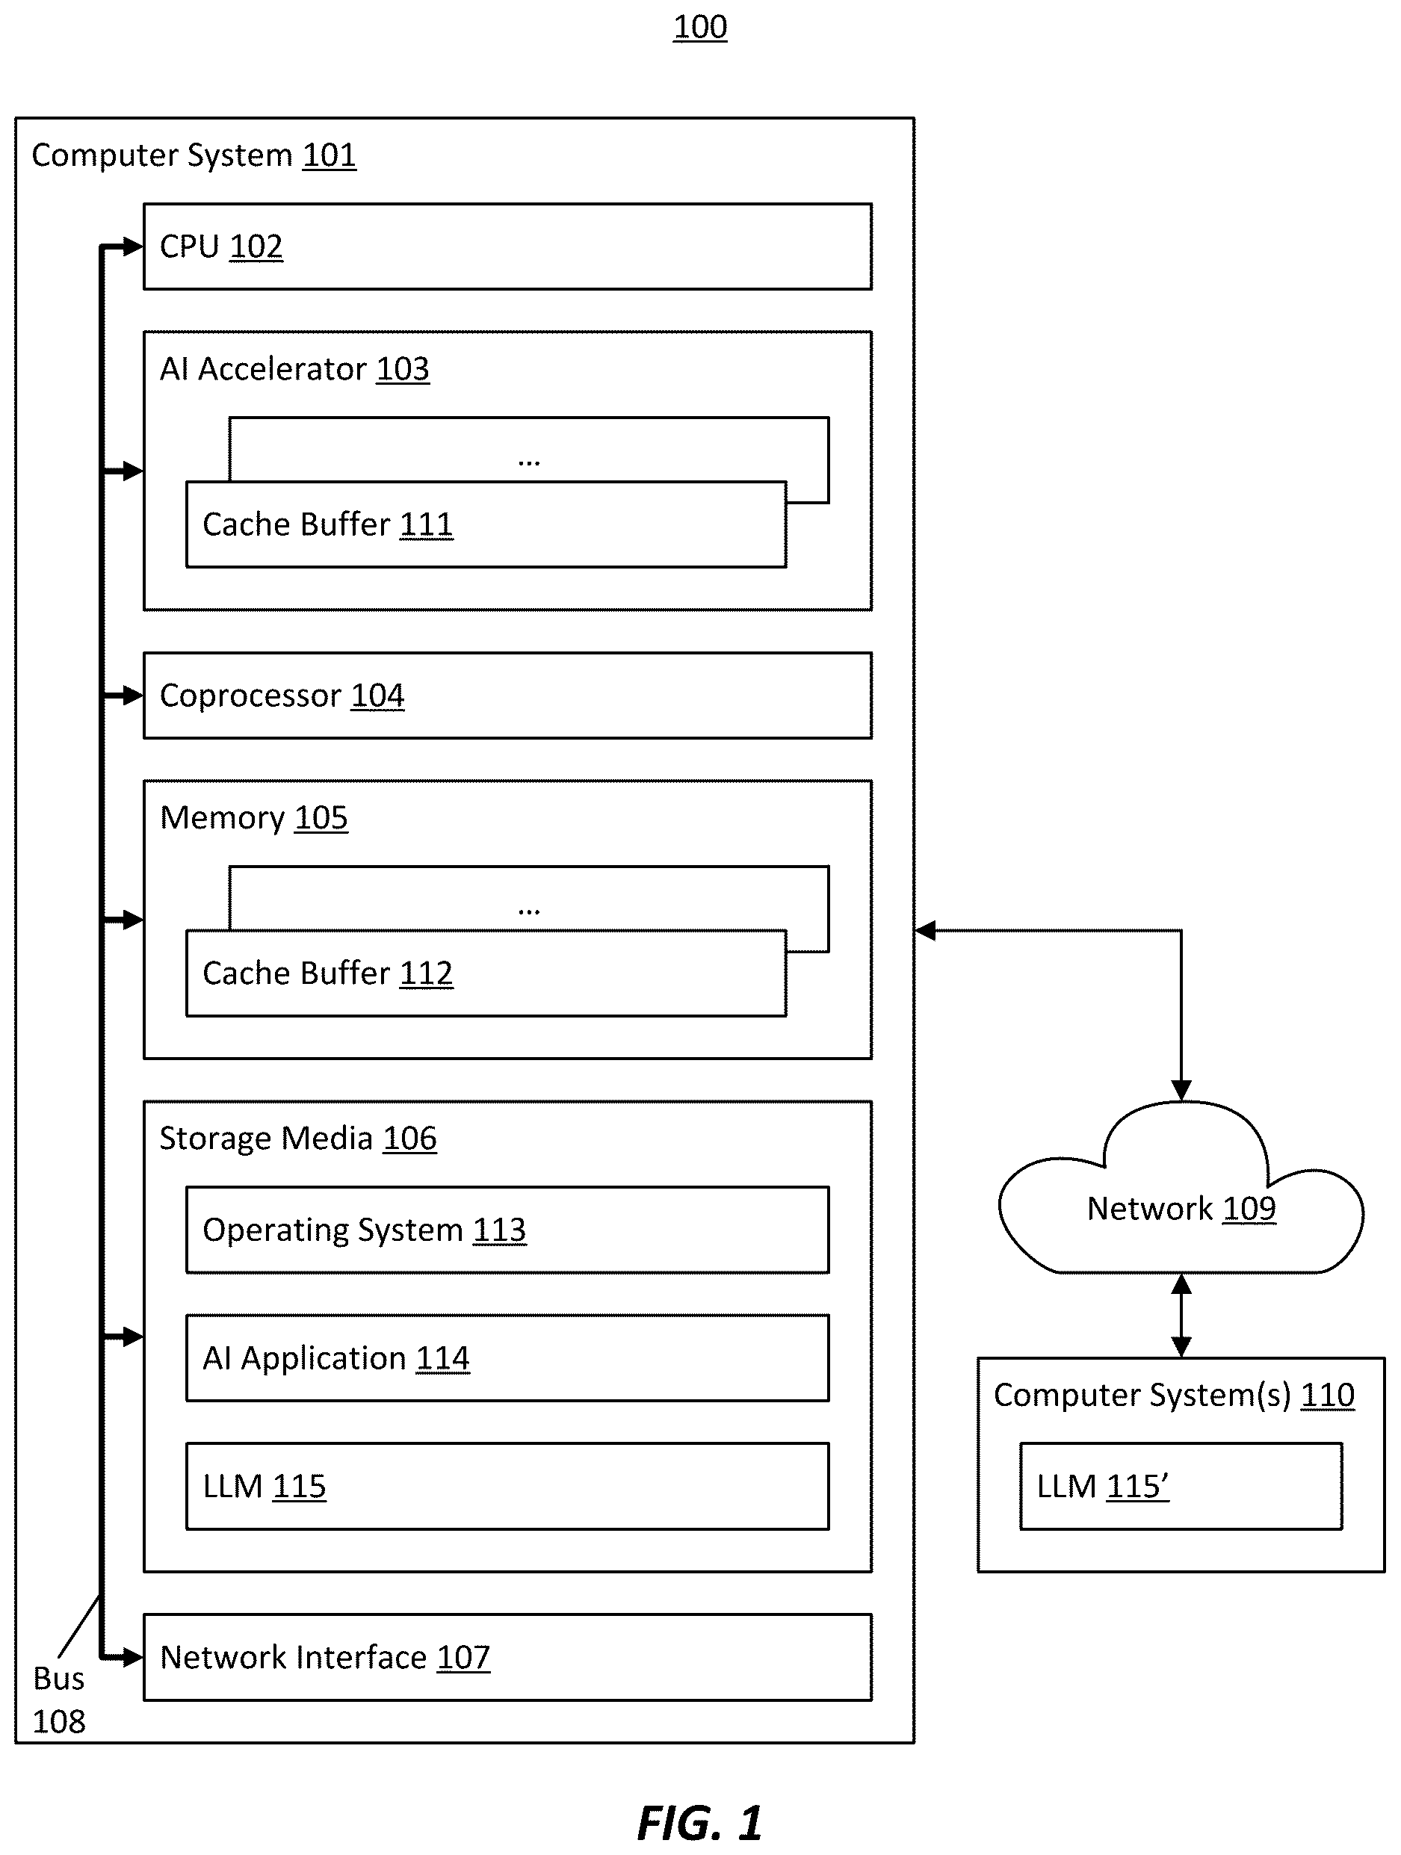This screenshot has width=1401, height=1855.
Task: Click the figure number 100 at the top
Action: pyautogui.click(x=699, y=27)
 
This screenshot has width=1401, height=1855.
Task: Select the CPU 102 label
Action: pyautogui.click(x=221, y=247)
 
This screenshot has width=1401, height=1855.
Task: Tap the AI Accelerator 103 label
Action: pyautogui.click(x=294, y=369)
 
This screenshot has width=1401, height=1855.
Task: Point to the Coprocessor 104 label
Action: pyautogui.click(x=282, y=696)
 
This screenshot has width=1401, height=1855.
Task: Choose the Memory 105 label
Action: pyautogui.click(x=253, y=817)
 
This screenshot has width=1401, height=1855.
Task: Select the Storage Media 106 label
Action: pyautogui.click(x=298, y=1138)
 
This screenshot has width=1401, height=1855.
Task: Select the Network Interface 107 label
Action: pyautogui.click(x=325, y=1657)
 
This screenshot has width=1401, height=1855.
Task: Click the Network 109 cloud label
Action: pyautogui.click(x=1181, y=1209)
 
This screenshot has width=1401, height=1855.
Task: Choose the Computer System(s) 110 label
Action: pyautogui.click(x=1174, y=1395)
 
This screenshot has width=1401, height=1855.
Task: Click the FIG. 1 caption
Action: pyautogui.click(x=699, y=1822)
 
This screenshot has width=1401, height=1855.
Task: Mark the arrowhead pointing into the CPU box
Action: pyautogui.click(x=134, y=247)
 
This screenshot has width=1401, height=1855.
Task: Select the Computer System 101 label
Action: pyautogui.click(x=194, y=155)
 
